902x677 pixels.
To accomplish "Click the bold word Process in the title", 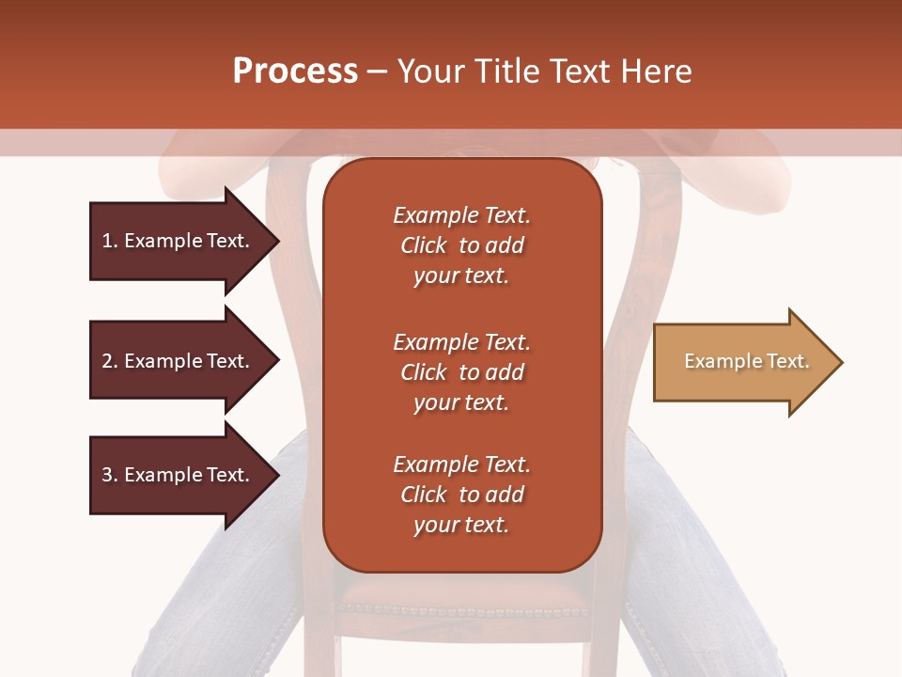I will [295, 71].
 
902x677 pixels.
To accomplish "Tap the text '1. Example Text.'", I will [176, 241].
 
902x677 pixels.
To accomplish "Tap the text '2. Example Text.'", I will [176, 361].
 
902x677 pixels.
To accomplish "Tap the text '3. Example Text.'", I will [176, 475].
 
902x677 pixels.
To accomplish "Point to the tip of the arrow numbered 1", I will [278, 242].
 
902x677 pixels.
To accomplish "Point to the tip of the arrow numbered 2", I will [278, 361].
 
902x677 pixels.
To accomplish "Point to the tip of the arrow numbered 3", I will [278, 475].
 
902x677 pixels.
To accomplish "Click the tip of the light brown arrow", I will [842, 362].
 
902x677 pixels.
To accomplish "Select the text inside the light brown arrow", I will [747, 361].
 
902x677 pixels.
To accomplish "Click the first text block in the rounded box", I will [461, 245].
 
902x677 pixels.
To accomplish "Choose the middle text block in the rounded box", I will [461, 372].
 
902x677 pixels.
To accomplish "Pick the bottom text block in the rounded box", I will [461, 495].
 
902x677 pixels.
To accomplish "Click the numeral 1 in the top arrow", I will [107, 241].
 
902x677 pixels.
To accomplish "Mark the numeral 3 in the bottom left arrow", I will [107, 475].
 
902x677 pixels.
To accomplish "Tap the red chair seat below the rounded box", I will [462, 592].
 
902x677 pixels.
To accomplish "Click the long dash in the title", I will [378, 72].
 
